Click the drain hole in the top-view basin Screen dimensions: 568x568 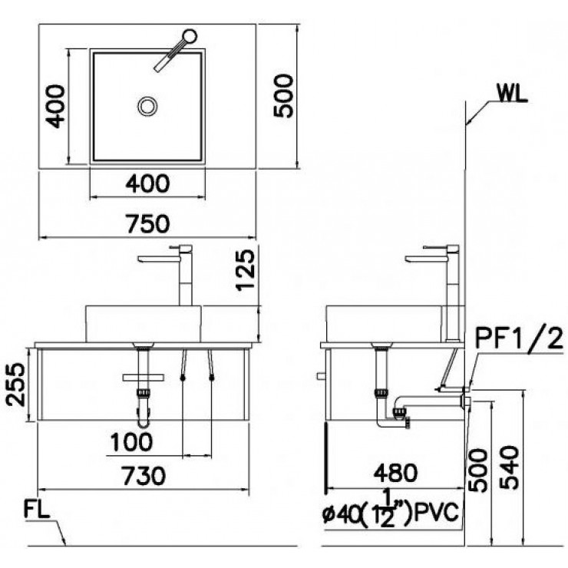147,106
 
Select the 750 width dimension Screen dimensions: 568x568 147,223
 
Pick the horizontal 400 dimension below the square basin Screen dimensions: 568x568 147,183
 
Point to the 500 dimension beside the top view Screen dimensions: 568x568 282,95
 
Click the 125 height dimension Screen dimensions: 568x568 245,275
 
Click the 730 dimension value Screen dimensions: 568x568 144,476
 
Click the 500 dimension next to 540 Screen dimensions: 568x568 477,468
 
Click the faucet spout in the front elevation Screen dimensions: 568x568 158,259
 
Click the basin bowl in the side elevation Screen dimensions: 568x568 384,323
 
